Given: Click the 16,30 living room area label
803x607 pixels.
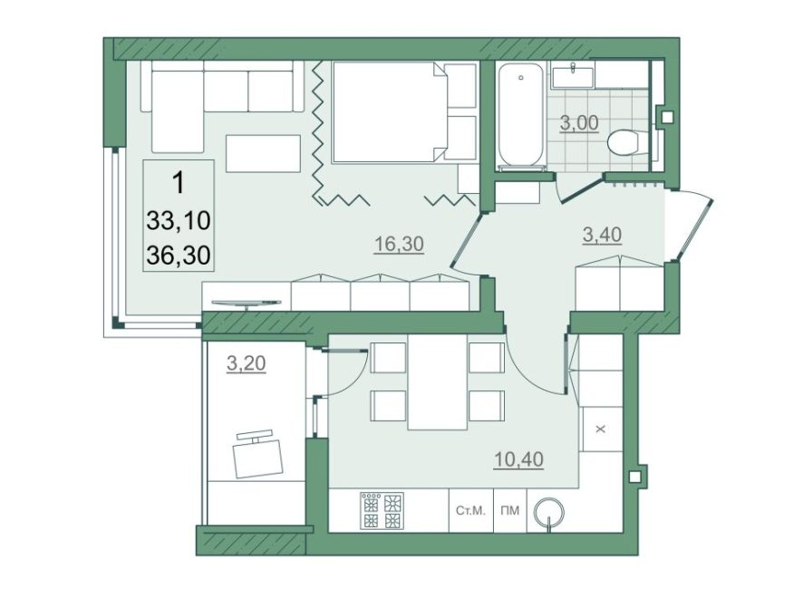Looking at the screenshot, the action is pyautogui.click(x=399, y=244).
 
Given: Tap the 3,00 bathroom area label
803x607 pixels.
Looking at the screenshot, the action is pyautogui.click(x=579, y=123).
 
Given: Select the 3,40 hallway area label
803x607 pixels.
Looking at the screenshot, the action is pyautogui.click(x=602, y=235).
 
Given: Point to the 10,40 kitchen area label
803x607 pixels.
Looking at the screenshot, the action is pyautogui.click(x=518, y=459).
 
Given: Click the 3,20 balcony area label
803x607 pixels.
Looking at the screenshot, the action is pyautogui.click(x=247, y=363).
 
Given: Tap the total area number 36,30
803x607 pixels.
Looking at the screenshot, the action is pyautogui.click(x=179, y=255).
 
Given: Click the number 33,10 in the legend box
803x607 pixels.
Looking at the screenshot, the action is pyautogui.click(x=179, y=221).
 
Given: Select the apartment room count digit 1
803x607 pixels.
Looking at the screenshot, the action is pyautogui.click(x=179, y=183).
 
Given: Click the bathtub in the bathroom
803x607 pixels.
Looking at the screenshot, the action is pyautogui.click(x=520, y=115).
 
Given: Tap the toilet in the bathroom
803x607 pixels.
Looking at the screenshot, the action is pyautogui.click(x=627, y=140).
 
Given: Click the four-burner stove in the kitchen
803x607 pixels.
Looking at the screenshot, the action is pyautogui.click(x=382, y=511).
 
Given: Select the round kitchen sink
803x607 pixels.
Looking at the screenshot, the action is pyautogui.click(x=549, y=512).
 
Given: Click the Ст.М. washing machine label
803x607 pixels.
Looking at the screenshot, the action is pyautogui.click(x=470, y=511).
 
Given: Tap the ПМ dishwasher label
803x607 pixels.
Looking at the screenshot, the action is pyautogui.click(x=510, y=511).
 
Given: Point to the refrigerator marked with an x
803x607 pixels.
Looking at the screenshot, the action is pyautogui.click(x=602, y=429).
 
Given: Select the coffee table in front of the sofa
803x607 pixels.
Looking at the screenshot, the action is pyautogui.click(x=263, y=153).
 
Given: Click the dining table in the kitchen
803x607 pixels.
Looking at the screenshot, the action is pyautogui.click(x=438, y=381).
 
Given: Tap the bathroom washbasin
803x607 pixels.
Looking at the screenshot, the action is pyautogui.click(x=573, y=74).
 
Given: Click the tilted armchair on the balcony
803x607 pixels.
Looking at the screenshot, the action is pyautogui.click(x=257, y=455).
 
